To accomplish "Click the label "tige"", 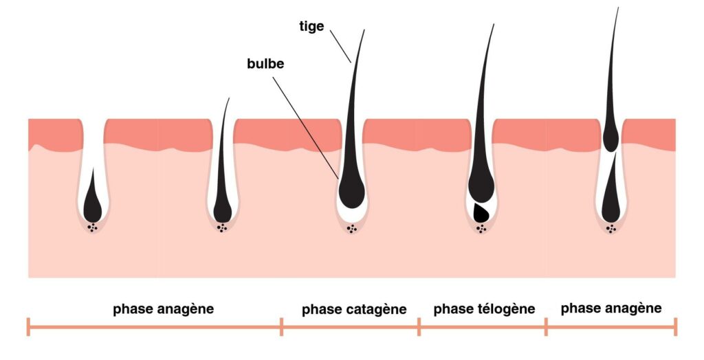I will [311, 25].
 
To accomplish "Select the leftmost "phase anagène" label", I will [163, 309].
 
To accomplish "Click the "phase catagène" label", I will [354, 310].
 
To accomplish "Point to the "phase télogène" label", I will [484, 309].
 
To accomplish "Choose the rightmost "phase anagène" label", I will [611, 308].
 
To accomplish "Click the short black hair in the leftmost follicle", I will [92, 203].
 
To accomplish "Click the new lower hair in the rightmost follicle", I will [610, 199].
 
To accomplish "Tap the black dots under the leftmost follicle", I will [93, 227].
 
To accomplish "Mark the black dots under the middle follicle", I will [352, 228].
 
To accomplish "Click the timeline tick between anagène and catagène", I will [282, 327].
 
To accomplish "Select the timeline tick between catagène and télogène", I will [419, 327].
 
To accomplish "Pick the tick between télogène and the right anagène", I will [546, 327].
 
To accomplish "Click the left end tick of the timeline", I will [28, 327].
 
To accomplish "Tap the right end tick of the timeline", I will [675, 327].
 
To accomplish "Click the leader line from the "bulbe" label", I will [306, 124].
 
